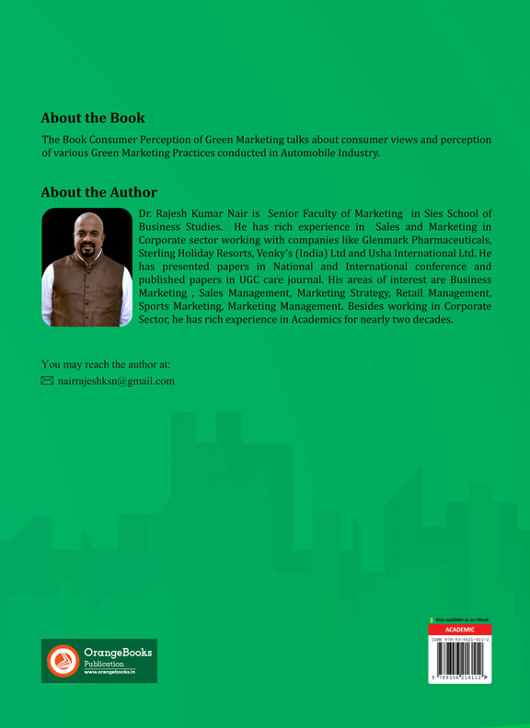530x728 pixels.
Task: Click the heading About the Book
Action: click(93, 119)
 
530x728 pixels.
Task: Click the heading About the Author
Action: click(99, 192)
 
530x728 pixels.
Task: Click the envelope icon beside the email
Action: click(48, 381)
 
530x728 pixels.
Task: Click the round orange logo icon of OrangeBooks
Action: click(63, 661)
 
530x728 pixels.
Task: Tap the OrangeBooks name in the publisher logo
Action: click(118, 653)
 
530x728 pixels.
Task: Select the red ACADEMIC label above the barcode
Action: click(459, 630)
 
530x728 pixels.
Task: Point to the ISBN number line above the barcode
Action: click(459, 639)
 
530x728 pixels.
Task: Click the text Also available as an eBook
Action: click(462, 620)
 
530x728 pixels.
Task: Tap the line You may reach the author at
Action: click(106, 364)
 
